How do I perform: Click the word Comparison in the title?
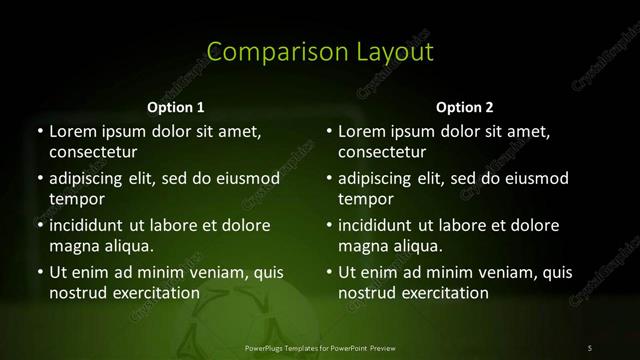pos(263,52)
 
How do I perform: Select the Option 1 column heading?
pos(176,107)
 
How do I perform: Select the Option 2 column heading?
pos(465,107)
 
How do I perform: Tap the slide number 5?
pos(590,347)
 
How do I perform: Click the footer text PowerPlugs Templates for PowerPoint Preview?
pos(320,347)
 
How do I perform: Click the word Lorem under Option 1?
pos(72,131)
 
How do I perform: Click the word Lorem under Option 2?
pos(362,131)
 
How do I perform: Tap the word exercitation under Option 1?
pos(154,293)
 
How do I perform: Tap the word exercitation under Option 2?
pos(444,293)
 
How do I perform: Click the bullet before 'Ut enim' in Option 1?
pos(39,272)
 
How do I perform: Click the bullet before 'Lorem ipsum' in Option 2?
pos(329,131)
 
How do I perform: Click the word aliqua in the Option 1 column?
pos(124,246)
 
